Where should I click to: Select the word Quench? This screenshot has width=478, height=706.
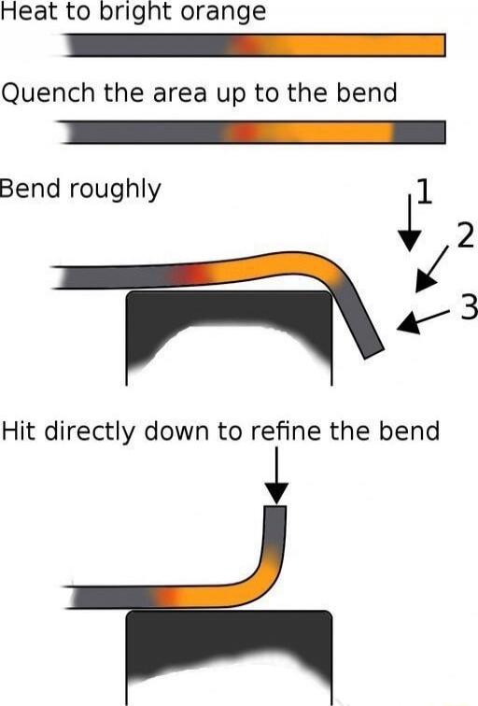(49, 93)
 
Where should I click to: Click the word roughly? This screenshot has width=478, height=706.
(115, 189)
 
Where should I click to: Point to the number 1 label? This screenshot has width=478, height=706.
(424, 191)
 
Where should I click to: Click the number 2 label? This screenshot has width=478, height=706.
(466, 235)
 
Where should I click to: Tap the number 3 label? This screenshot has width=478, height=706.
(469, 307)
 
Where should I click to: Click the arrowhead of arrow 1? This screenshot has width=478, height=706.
(410, 240)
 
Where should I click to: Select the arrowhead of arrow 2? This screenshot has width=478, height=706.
(424, 281)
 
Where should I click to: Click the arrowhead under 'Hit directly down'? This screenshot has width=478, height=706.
(276, 493)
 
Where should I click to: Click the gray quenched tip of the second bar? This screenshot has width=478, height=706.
(419, 133)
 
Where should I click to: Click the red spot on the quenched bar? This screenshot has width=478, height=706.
(243, 133)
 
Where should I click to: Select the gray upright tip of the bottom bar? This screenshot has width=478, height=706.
(274, 526)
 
